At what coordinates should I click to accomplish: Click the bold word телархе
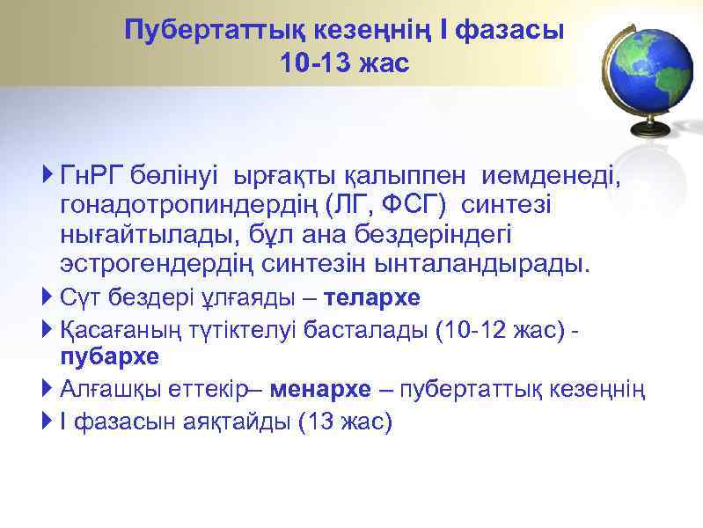coord(373,297)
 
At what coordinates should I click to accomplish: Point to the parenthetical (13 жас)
coord(345,422)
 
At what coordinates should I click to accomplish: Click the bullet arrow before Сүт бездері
coord(48,297)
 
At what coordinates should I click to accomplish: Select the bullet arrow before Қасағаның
coord(48,329)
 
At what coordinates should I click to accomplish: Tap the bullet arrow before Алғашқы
coord(48,389)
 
